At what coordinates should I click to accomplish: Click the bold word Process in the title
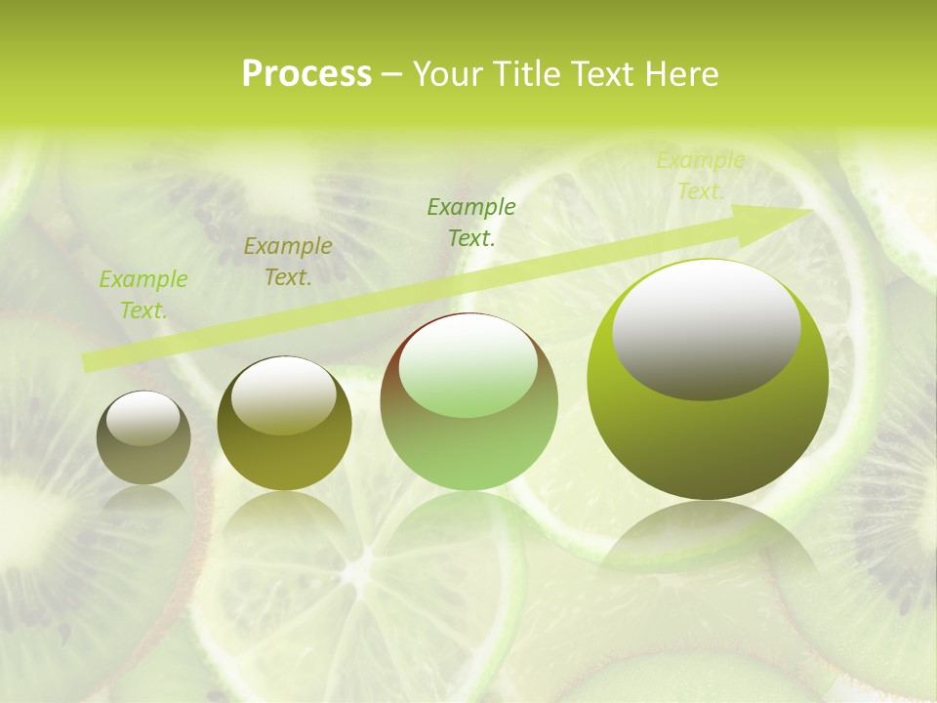[306, 74]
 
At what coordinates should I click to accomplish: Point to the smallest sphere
[143, 438]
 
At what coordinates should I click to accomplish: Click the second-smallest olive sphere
[284, 424]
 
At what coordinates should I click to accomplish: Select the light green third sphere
[469, 401]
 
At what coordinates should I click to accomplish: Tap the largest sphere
[708, 379]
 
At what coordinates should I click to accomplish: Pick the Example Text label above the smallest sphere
[143, 295]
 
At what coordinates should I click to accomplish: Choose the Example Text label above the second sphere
[288, 262]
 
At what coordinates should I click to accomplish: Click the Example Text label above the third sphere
[471, 222]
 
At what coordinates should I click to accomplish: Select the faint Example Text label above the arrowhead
[700, 176]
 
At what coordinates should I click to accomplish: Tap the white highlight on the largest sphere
[707, 330]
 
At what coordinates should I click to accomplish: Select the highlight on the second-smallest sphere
[284, 395]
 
